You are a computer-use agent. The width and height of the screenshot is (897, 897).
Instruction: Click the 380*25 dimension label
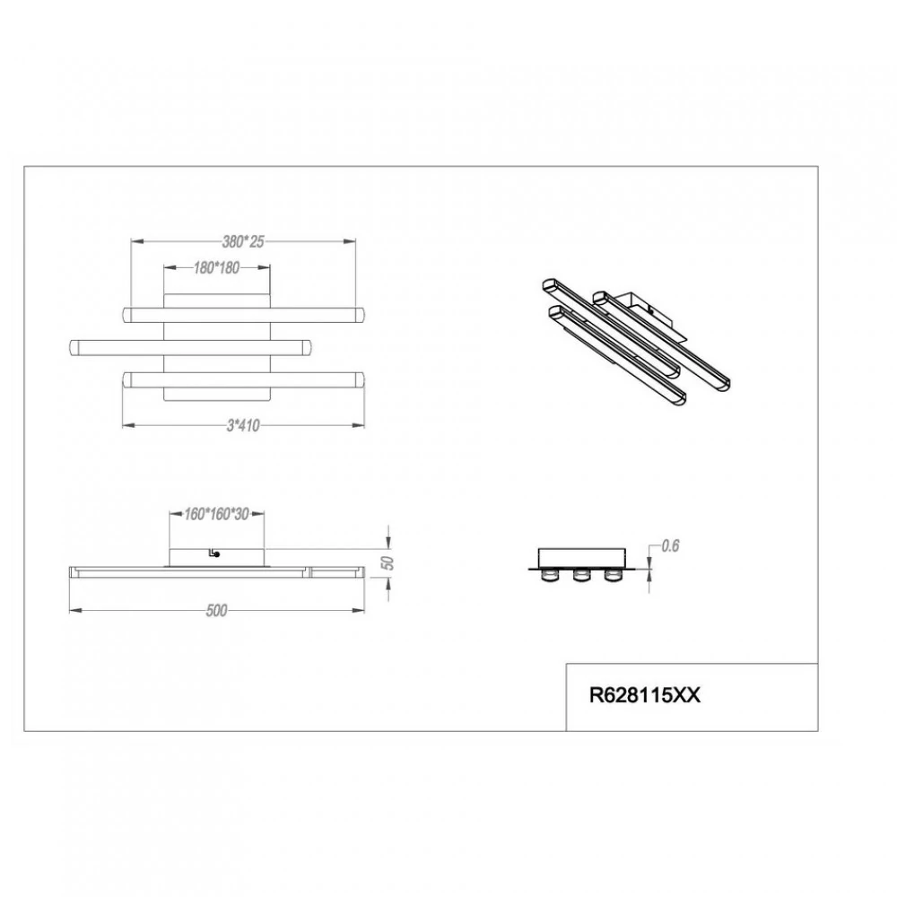243,242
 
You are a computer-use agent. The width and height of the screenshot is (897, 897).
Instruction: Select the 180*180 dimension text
216,267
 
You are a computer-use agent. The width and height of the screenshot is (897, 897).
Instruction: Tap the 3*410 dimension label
243,425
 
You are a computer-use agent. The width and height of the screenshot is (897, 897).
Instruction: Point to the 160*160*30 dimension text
216,514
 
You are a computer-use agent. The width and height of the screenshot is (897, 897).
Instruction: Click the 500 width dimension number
216,611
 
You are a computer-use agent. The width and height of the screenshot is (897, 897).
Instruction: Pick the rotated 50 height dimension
388,563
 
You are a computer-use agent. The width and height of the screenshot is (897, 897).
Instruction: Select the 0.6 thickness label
670,545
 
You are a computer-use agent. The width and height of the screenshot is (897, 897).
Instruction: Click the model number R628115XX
645,696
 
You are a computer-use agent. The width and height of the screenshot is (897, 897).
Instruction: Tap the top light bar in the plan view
243,315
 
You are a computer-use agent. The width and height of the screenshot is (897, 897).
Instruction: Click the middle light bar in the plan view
190,347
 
